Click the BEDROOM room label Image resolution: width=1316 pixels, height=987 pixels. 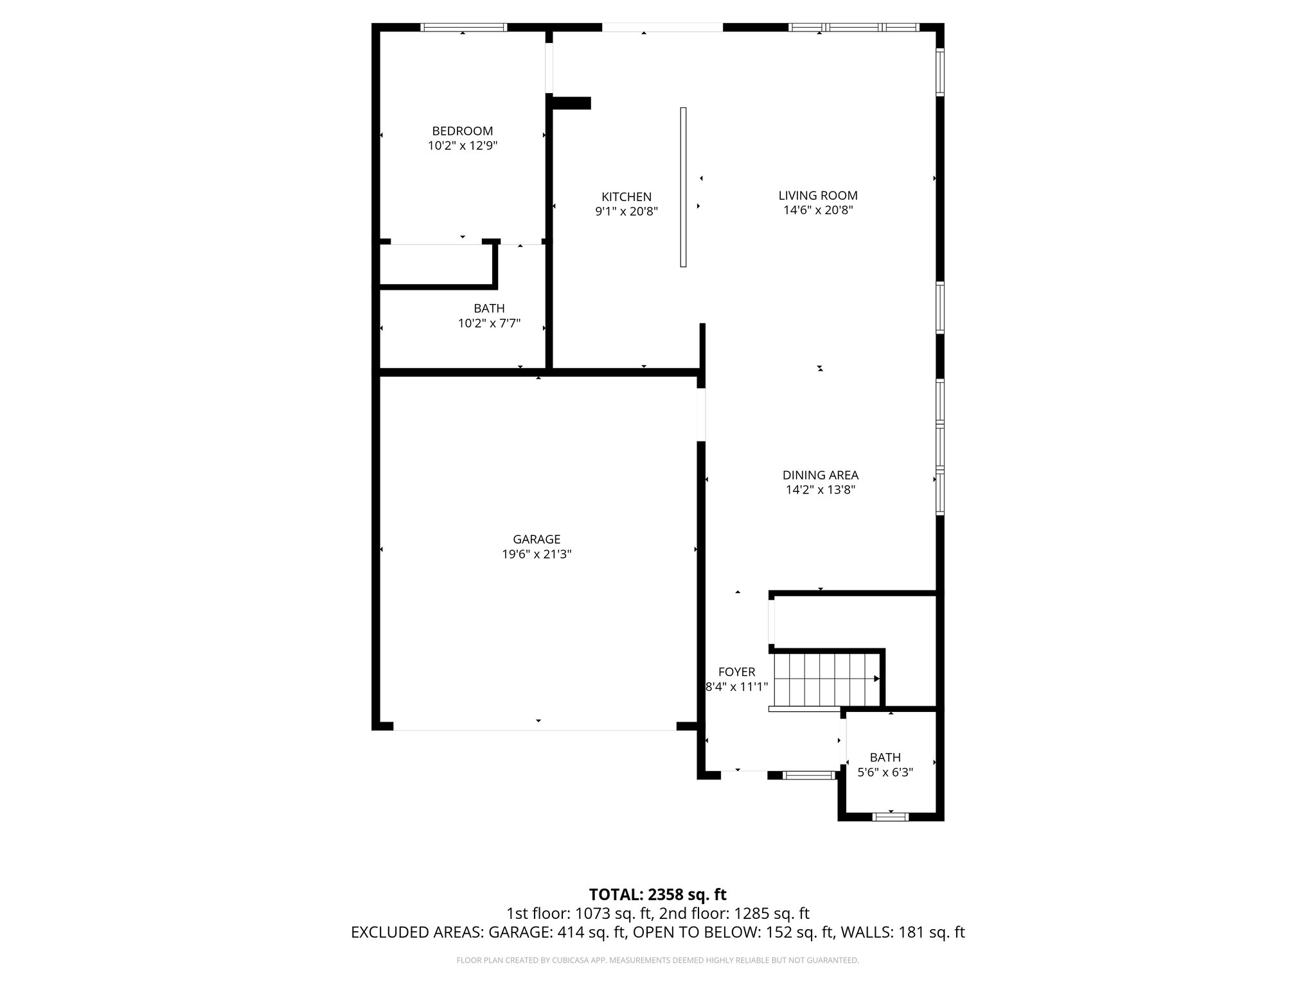click(462, 131)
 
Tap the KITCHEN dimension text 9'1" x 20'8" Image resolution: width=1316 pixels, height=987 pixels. click(626, 211)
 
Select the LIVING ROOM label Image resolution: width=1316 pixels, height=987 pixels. click(817, 195)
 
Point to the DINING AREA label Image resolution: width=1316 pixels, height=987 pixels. click(820, 476)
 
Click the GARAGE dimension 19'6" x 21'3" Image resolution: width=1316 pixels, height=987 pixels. click(537, 555)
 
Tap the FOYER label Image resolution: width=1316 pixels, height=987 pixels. click(736, 672)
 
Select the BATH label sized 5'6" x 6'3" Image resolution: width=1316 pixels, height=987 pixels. click(885, 758)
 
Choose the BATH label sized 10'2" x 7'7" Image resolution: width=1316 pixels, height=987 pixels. click(489, 308)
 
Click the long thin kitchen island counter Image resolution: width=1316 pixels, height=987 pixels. click(683, 187)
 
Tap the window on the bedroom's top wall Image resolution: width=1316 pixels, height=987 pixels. click(463, 28)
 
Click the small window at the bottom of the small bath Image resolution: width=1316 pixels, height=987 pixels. click(890, 817)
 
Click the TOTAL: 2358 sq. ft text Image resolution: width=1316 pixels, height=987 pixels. click(657, 894)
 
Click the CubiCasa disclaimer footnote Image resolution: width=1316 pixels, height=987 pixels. click(657, 961)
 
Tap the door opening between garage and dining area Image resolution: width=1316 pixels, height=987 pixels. click(702, 414)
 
